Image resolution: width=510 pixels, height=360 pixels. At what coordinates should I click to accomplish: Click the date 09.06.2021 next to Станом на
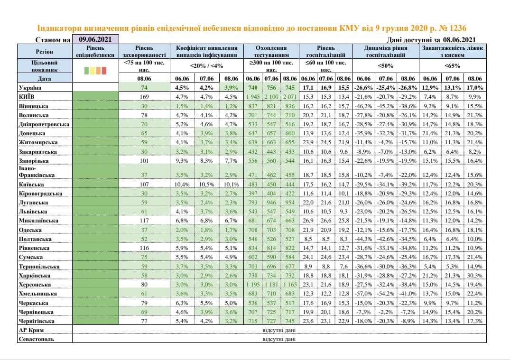pos(95,39)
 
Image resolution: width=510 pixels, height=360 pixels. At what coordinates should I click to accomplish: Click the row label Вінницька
pos(33,106)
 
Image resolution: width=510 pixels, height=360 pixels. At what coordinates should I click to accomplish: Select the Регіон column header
pos(45,51)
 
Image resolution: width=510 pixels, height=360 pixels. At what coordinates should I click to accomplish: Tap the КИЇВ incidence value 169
pos(144,97)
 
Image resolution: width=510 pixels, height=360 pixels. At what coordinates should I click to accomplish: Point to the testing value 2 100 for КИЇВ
pos(271,97)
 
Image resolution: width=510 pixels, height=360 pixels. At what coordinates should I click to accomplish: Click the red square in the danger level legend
pos(104,71)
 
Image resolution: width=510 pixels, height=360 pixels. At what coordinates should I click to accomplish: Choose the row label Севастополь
pos(37,339)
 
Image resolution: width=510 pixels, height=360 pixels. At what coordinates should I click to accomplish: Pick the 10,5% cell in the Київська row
pos(206,185)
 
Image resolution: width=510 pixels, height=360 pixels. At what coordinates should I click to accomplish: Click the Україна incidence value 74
pos(144,87)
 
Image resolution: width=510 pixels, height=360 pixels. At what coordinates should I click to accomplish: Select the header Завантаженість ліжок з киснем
pos(453,51)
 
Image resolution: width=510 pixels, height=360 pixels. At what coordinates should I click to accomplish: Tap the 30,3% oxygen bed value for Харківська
pos(474,276)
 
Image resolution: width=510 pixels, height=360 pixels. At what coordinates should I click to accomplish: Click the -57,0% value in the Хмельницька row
pos(363,294)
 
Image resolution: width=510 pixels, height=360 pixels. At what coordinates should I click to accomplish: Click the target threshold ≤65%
pos(453,65)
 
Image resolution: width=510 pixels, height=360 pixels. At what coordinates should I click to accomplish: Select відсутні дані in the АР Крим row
pos(279,330)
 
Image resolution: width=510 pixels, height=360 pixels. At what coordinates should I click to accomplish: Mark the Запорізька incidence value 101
pos(144,161)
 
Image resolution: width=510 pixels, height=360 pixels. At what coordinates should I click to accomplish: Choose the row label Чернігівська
pos(37,321)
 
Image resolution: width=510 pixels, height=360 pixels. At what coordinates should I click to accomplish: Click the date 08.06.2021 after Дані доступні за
pos(459,40)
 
